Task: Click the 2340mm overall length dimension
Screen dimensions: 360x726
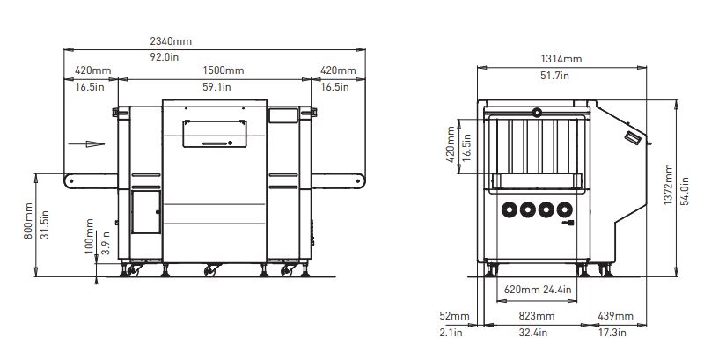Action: (x=172, y=40)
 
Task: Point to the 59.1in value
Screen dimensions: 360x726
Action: (x=216, y=86)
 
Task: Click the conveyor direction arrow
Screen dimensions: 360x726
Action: (x=83, y=141)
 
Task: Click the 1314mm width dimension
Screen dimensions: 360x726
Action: (x=561, y=59)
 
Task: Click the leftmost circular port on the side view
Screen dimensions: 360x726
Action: (x=509, y=210)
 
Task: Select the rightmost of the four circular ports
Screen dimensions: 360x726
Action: (x=565, y=210)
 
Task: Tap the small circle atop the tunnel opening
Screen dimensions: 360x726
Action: (x=537, y=112)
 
